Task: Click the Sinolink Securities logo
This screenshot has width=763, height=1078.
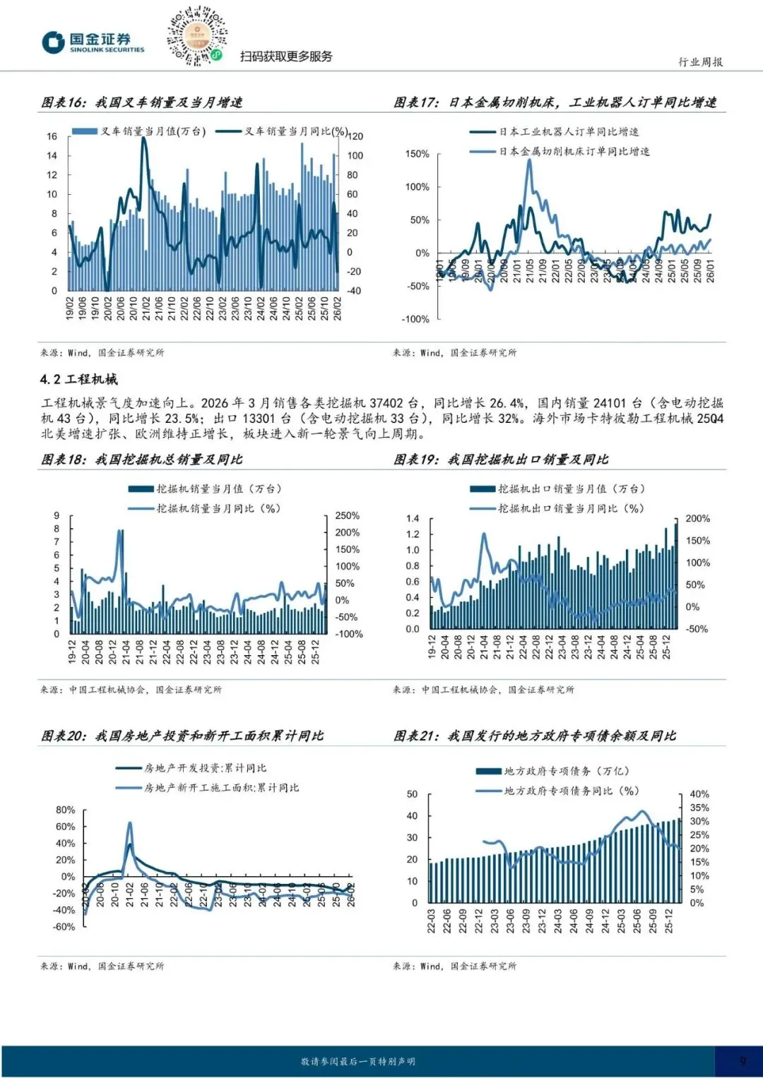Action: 93,42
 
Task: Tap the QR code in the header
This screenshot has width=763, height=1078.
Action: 197,35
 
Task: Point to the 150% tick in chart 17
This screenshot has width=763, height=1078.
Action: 417,154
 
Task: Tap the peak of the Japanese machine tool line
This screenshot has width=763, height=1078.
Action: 529,161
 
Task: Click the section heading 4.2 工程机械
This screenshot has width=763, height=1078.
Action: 79,379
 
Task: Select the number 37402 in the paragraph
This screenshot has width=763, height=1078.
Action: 386,403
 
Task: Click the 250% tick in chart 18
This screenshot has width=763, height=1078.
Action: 347,516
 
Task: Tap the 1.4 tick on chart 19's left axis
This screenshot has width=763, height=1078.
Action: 413,519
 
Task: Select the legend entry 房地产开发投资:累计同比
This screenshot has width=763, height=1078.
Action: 205,768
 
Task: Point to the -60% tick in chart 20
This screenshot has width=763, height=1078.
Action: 64,927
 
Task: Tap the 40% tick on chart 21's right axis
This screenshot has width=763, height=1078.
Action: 699,794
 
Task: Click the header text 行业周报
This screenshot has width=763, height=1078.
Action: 700,62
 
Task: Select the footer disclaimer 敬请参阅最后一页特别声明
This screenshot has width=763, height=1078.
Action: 358,1061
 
